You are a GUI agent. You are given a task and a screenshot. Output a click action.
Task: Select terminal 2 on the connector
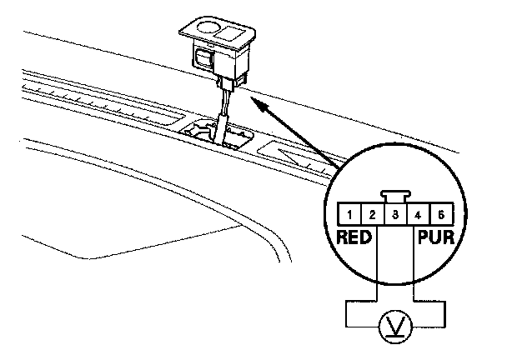[x=371, y=216]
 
